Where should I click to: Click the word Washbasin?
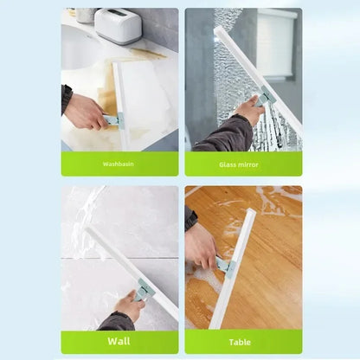(x=119, y=164)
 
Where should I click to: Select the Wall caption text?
(x=119, y=341)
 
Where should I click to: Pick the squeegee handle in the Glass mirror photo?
(x=263, y=99)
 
